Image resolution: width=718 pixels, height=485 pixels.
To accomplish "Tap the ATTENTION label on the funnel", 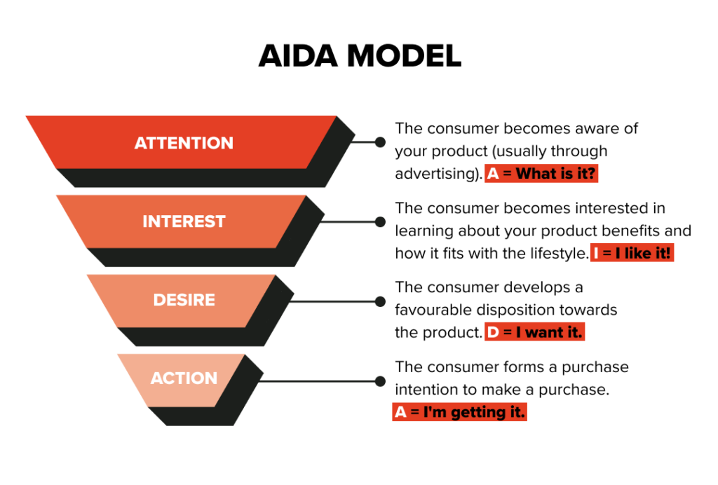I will coord(184,143).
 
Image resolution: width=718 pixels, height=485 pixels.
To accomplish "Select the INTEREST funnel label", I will coord(184,221).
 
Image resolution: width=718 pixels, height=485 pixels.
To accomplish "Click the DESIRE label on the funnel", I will coord(184,300).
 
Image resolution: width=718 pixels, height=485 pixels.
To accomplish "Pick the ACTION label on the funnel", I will coord(184,378).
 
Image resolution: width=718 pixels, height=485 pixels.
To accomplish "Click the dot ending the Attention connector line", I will coord(380,142).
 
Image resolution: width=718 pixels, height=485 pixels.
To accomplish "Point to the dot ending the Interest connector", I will coord(380,221).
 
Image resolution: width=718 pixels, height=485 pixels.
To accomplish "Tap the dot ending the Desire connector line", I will coord(380,301).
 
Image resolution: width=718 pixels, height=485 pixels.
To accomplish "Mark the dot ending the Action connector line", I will coord(380,381).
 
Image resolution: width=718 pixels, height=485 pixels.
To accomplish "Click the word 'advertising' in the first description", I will coord(436,174).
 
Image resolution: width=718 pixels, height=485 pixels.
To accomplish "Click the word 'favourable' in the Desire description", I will coord(433,310).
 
